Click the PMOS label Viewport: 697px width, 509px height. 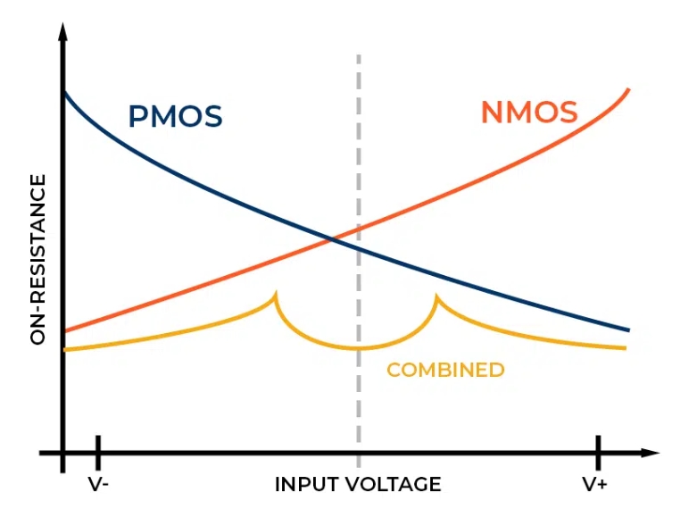(175, 117)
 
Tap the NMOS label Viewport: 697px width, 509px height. (528, 113)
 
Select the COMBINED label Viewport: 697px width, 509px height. (445, 370)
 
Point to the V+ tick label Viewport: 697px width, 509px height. (596, 484)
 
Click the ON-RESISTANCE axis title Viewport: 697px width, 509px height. (37, 259)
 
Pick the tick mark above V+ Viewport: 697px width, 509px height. (597, 452)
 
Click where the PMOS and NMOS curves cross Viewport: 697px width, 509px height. (333, 238)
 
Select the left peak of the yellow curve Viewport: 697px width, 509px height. (276, 294)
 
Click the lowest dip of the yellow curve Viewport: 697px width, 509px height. (359, 348)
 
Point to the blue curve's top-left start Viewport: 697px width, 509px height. (64, 93)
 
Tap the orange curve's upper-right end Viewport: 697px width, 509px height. (629, 90)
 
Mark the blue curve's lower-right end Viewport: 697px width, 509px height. (628, 330)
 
